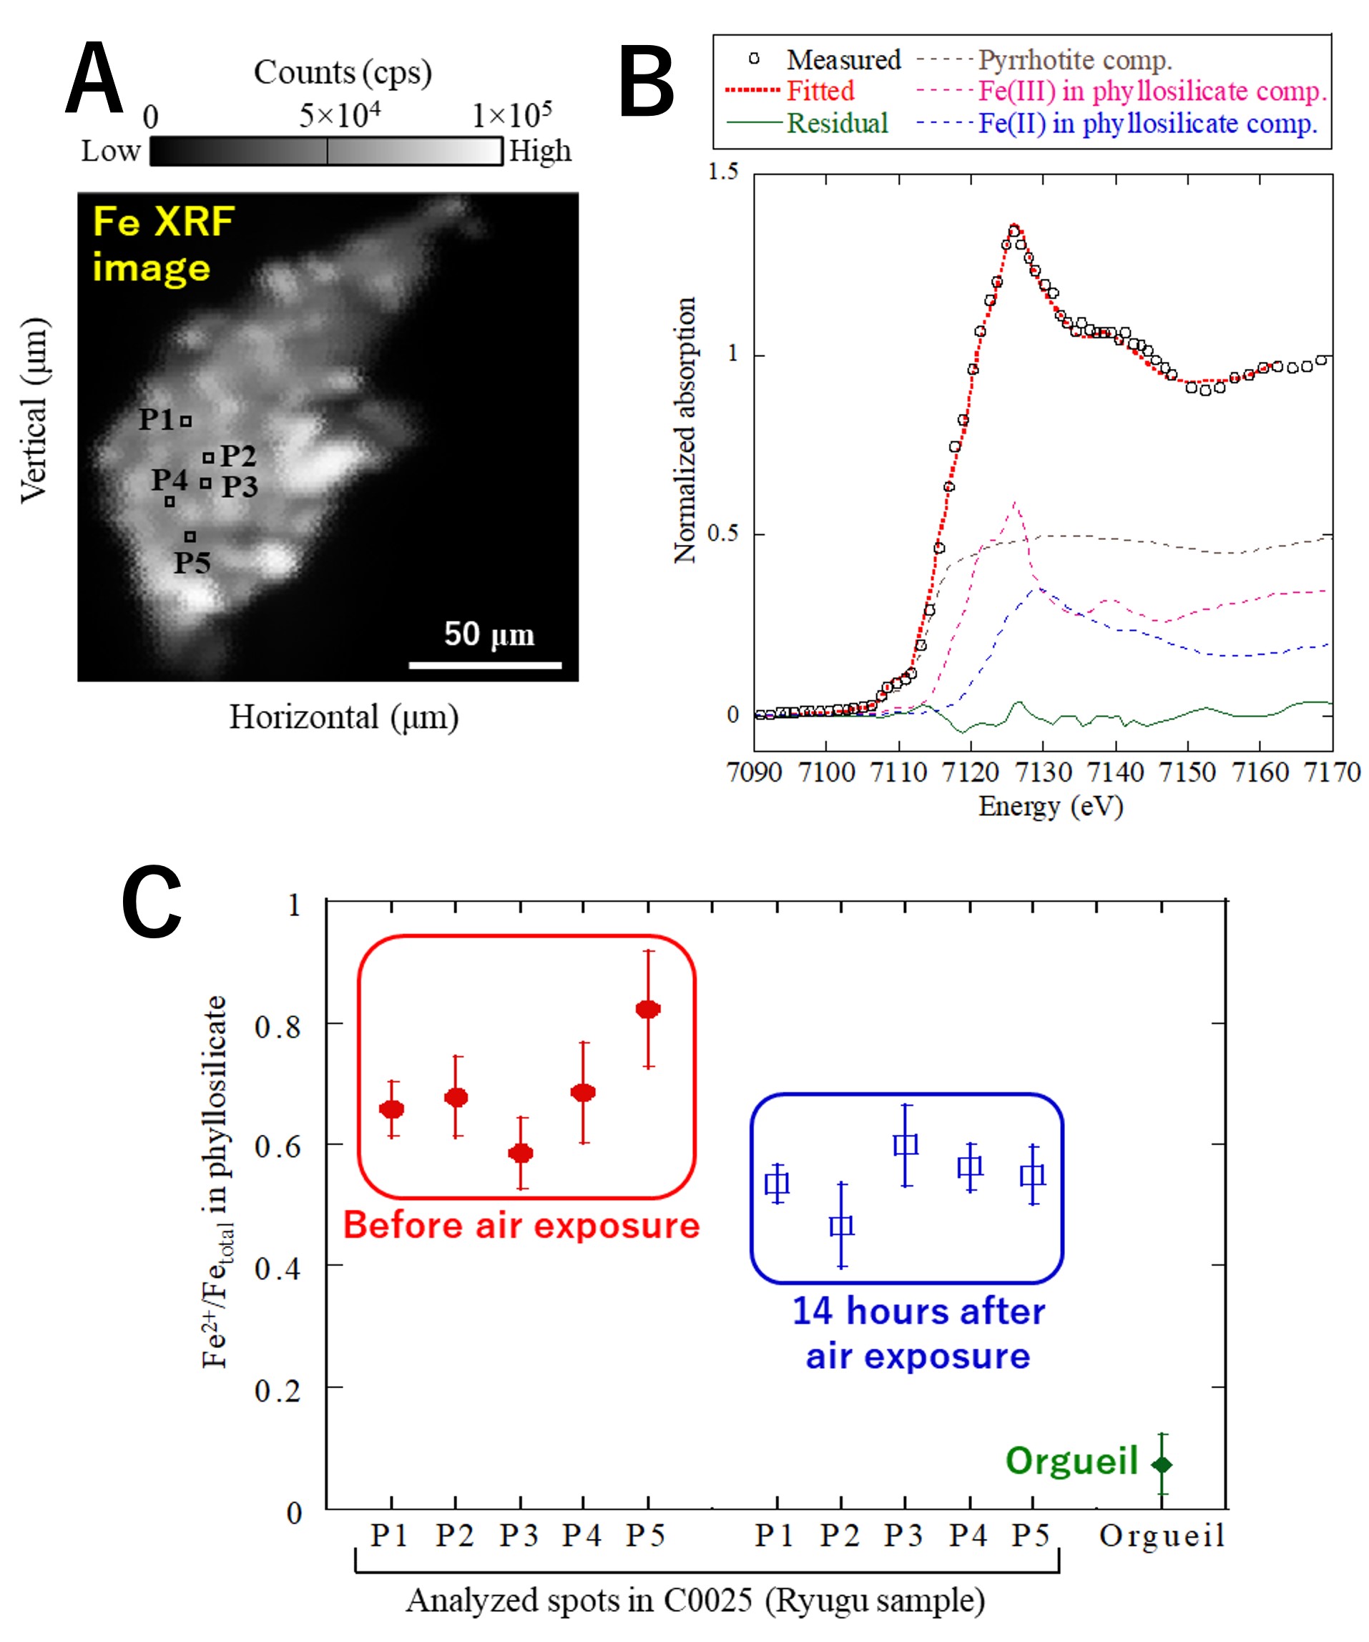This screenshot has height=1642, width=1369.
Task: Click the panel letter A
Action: [94, 78]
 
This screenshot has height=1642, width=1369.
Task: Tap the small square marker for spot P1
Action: [186, 421]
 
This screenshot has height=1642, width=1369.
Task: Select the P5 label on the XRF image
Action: [192, 563]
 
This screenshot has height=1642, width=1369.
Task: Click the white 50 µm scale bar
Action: [485, 665]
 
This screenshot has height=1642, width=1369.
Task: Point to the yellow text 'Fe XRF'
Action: [163, 222]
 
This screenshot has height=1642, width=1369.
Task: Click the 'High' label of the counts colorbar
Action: [540, 151]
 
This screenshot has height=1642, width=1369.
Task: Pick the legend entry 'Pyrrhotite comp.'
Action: [1074, 60]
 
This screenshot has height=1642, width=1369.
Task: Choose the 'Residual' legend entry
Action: [838, 124]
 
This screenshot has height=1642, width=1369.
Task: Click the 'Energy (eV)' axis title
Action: [1050, 806]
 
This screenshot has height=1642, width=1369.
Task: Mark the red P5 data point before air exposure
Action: [648, 1009]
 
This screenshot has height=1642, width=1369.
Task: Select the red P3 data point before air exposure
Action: [521, 1154]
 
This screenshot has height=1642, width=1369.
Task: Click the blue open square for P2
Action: [841, 1225]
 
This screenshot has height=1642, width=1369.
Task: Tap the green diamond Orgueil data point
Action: [1162, 1465]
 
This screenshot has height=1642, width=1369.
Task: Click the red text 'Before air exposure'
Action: [521, 1225]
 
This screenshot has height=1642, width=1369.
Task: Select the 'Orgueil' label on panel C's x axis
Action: [1162, 1535]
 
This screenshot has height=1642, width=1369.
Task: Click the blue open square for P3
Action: [906, 1145]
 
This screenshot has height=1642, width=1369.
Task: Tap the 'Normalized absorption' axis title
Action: [685, 430]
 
